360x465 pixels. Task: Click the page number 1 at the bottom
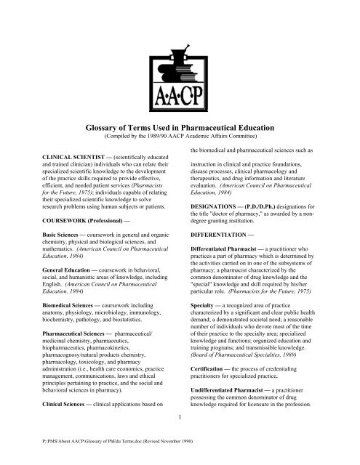click(x=180, y=458)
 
